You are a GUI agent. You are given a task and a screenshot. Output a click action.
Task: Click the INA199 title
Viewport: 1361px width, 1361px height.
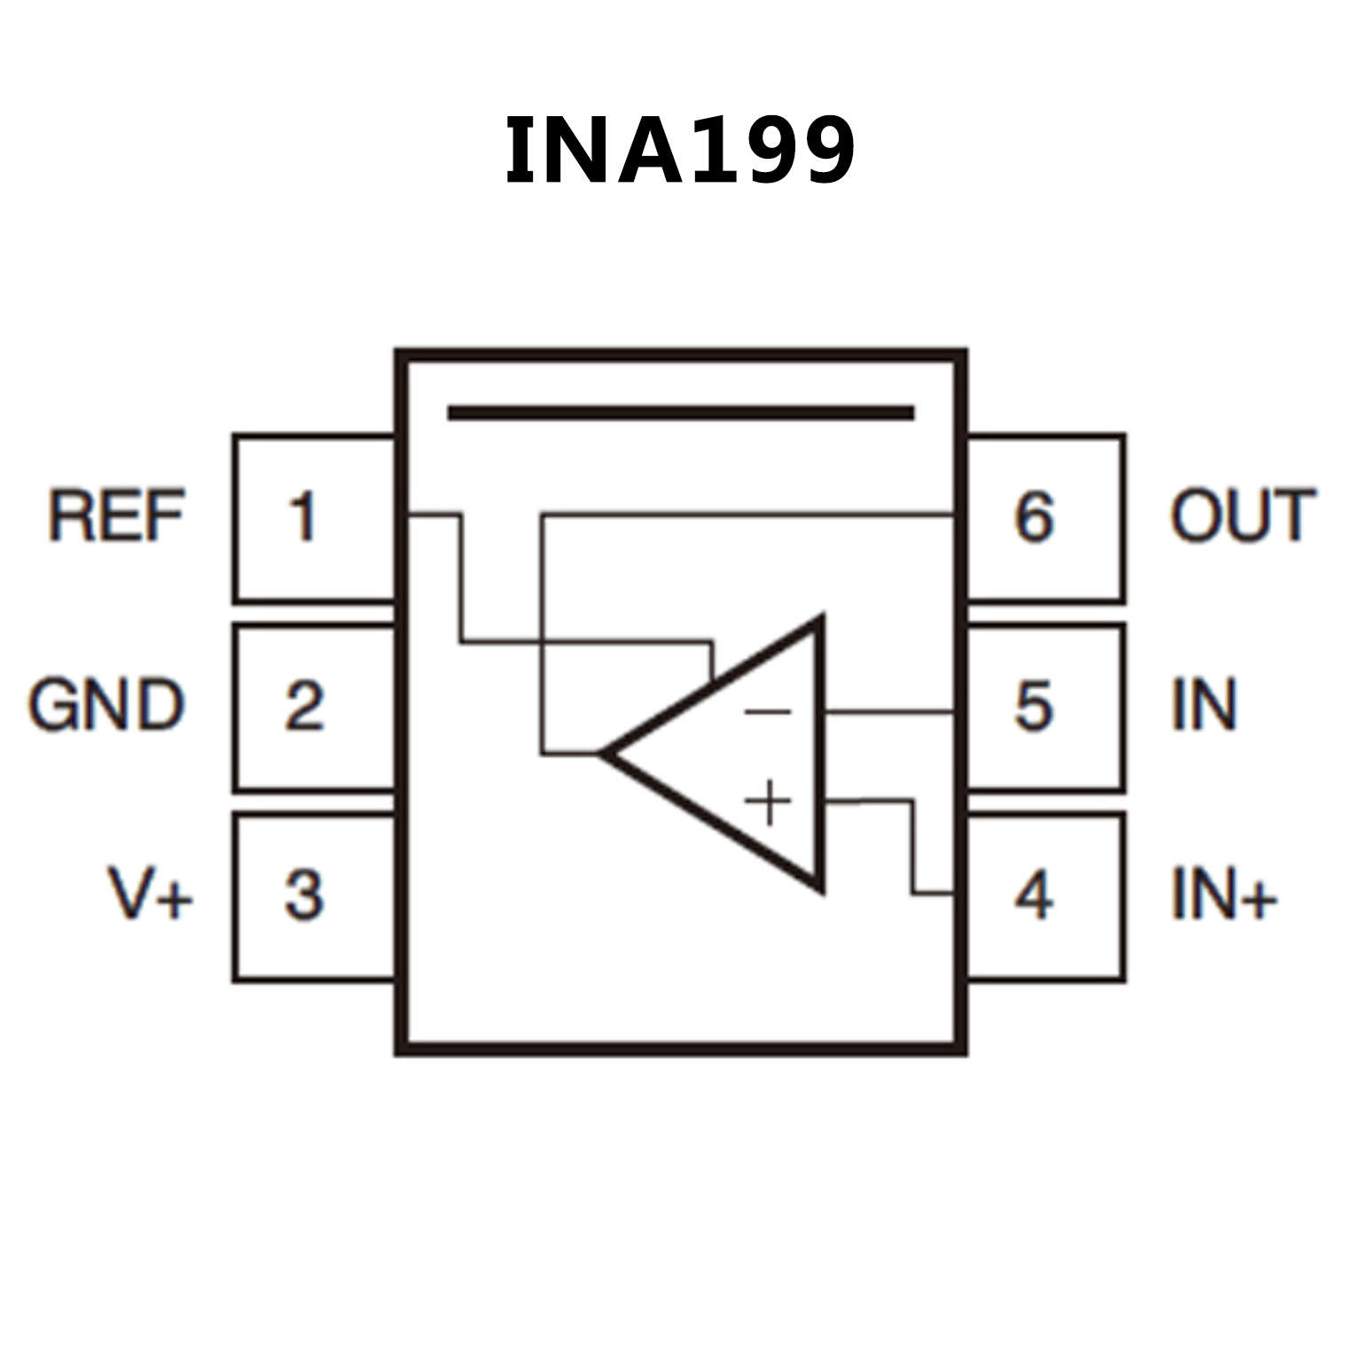(679, 152)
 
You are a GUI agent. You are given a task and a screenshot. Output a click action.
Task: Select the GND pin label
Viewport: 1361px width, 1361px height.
(106, 706)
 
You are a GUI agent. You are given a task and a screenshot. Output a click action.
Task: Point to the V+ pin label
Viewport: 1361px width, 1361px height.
(150, 894)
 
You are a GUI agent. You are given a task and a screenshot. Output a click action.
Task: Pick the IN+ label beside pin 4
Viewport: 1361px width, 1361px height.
(1223, 894)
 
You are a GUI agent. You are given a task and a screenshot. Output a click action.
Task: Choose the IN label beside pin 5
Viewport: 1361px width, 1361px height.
(1203, 706)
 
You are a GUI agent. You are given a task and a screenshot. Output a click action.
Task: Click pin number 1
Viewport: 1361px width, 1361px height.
(303, 517)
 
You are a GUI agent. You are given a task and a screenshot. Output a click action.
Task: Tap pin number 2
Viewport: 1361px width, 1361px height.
(303, 707)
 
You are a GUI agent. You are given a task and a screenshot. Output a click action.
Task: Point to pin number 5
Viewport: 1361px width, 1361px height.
(1034, 707)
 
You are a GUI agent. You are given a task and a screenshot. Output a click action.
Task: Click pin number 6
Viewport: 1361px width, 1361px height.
(1034, 517)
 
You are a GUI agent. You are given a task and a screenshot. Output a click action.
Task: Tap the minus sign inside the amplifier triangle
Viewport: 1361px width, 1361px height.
(768, 711)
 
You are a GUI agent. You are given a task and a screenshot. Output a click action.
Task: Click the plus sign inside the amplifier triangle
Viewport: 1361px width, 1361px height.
(768, 802)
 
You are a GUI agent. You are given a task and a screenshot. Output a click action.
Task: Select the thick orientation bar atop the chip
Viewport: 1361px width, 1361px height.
(680, 412)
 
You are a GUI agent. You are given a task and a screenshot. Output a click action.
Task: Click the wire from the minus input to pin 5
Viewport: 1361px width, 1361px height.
(887, 711)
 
